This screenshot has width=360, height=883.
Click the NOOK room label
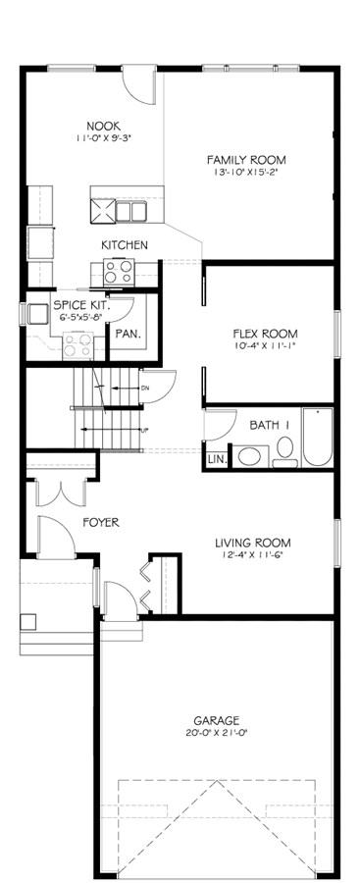point(104,127)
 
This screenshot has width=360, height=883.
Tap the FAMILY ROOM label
point(246,159)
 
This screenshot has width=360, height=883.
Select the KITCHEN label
point(125,245)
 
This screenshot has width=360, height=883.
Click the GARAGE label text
point(217,720)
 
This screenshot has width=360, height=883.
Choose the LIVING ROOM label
point(253,544)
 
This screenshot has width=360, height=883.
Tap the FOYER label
point(101,523)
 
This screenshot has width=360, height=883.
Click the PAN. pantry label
point(128,334)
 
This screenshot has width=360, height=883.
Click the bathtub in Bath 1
point(317,437)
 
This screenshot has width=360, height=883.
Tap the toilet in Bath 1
point(285,451)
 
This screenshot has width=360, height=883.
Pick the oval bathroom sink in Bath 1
point(252,456)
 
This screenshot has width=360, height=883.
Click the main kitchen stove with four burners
point(118,271)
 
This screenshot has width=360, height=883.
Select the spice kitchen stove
point(78,345)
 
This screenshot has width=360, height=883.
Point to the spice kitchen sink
point(37,314)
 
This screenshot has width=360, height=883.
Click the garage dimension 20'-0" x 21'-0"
point(217,733)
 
